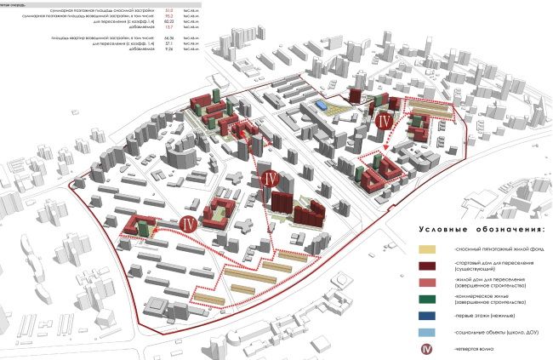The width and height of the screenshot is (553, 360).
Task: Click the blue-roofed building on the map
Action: click(319, 104)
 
